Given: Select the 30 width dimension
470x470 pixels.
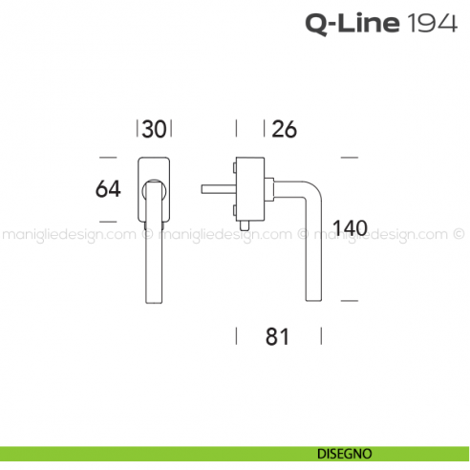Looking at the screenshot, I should (x=156, y=128).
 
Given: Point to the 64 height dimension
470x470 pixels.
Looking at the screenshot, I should (x=108, y=189).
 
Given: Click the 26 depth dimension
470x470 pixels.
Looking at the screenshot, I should (x=284, y=128).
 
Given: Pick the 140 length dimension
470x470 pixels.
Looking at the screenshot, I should (x=350, y=228).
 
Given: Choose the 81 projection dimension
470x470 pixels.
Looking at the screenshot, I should (x=278, y=336).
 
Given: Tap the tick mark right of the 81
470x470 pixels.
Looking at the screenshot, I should (x=321, y=336).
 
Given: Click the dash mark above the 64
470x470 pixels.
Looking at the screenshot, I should (x=108, y=156).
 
